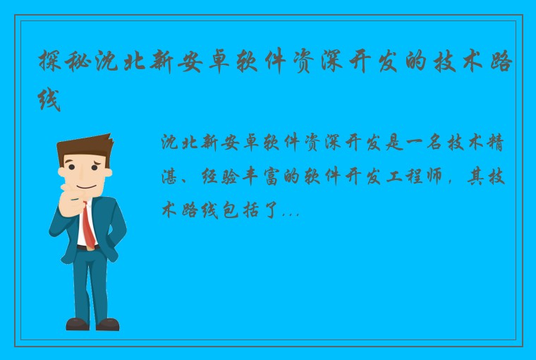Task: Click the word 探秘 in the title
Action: pyautogui.click(x=61, y=62)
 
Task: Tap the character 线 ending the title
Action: pyautogui.click(x=49, y=102)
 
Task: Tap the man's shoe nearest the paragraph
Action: pyautogui.click(x=108, y=324)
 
